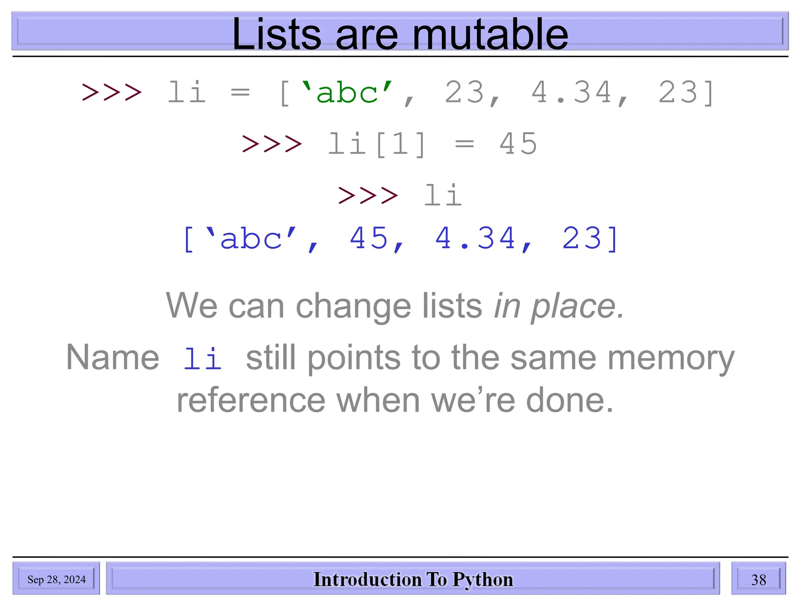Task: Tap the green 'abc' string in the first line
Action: pyautogui.click(x=347, y=93)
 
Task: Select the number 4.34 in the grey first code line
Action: pyautogui.click(x=572, y=93)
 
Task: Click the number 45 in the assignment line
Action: pyautogui.click(x=519, y=144)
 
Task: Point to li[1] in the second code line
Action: pyautogui.click(x=377, y=144)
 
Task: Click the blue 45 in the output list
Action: pyautogui.click(x=369, y=238)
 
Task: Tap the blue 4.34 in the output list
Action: pyautogui.click(x=476, y=238)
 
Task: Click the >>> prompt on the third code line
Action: pyautogui.click(x=368, y=195)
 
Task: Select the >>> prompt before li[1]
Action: pyautogui.click(x=272, y=144)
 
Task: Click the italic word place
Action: pyautogui.click(x=577, y=307)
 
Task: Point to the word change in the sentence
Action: pyautogui.click(x=353, y=307)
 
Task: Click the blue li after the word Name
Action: pyautogui.click(x=203, y=358)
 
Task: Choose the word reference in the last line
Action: pyautogui.click(x=251, y=401)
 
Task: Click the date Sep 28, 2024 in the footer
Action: pyautogui.click(x=56, y=579)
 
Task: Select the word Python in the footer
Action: pyautogui.click(x=483, y=579)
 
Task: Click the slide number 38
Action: pyautogui.click(x=758, y=579)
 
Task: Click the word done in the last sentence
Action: pyautogui.click(x=569, y=401)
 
